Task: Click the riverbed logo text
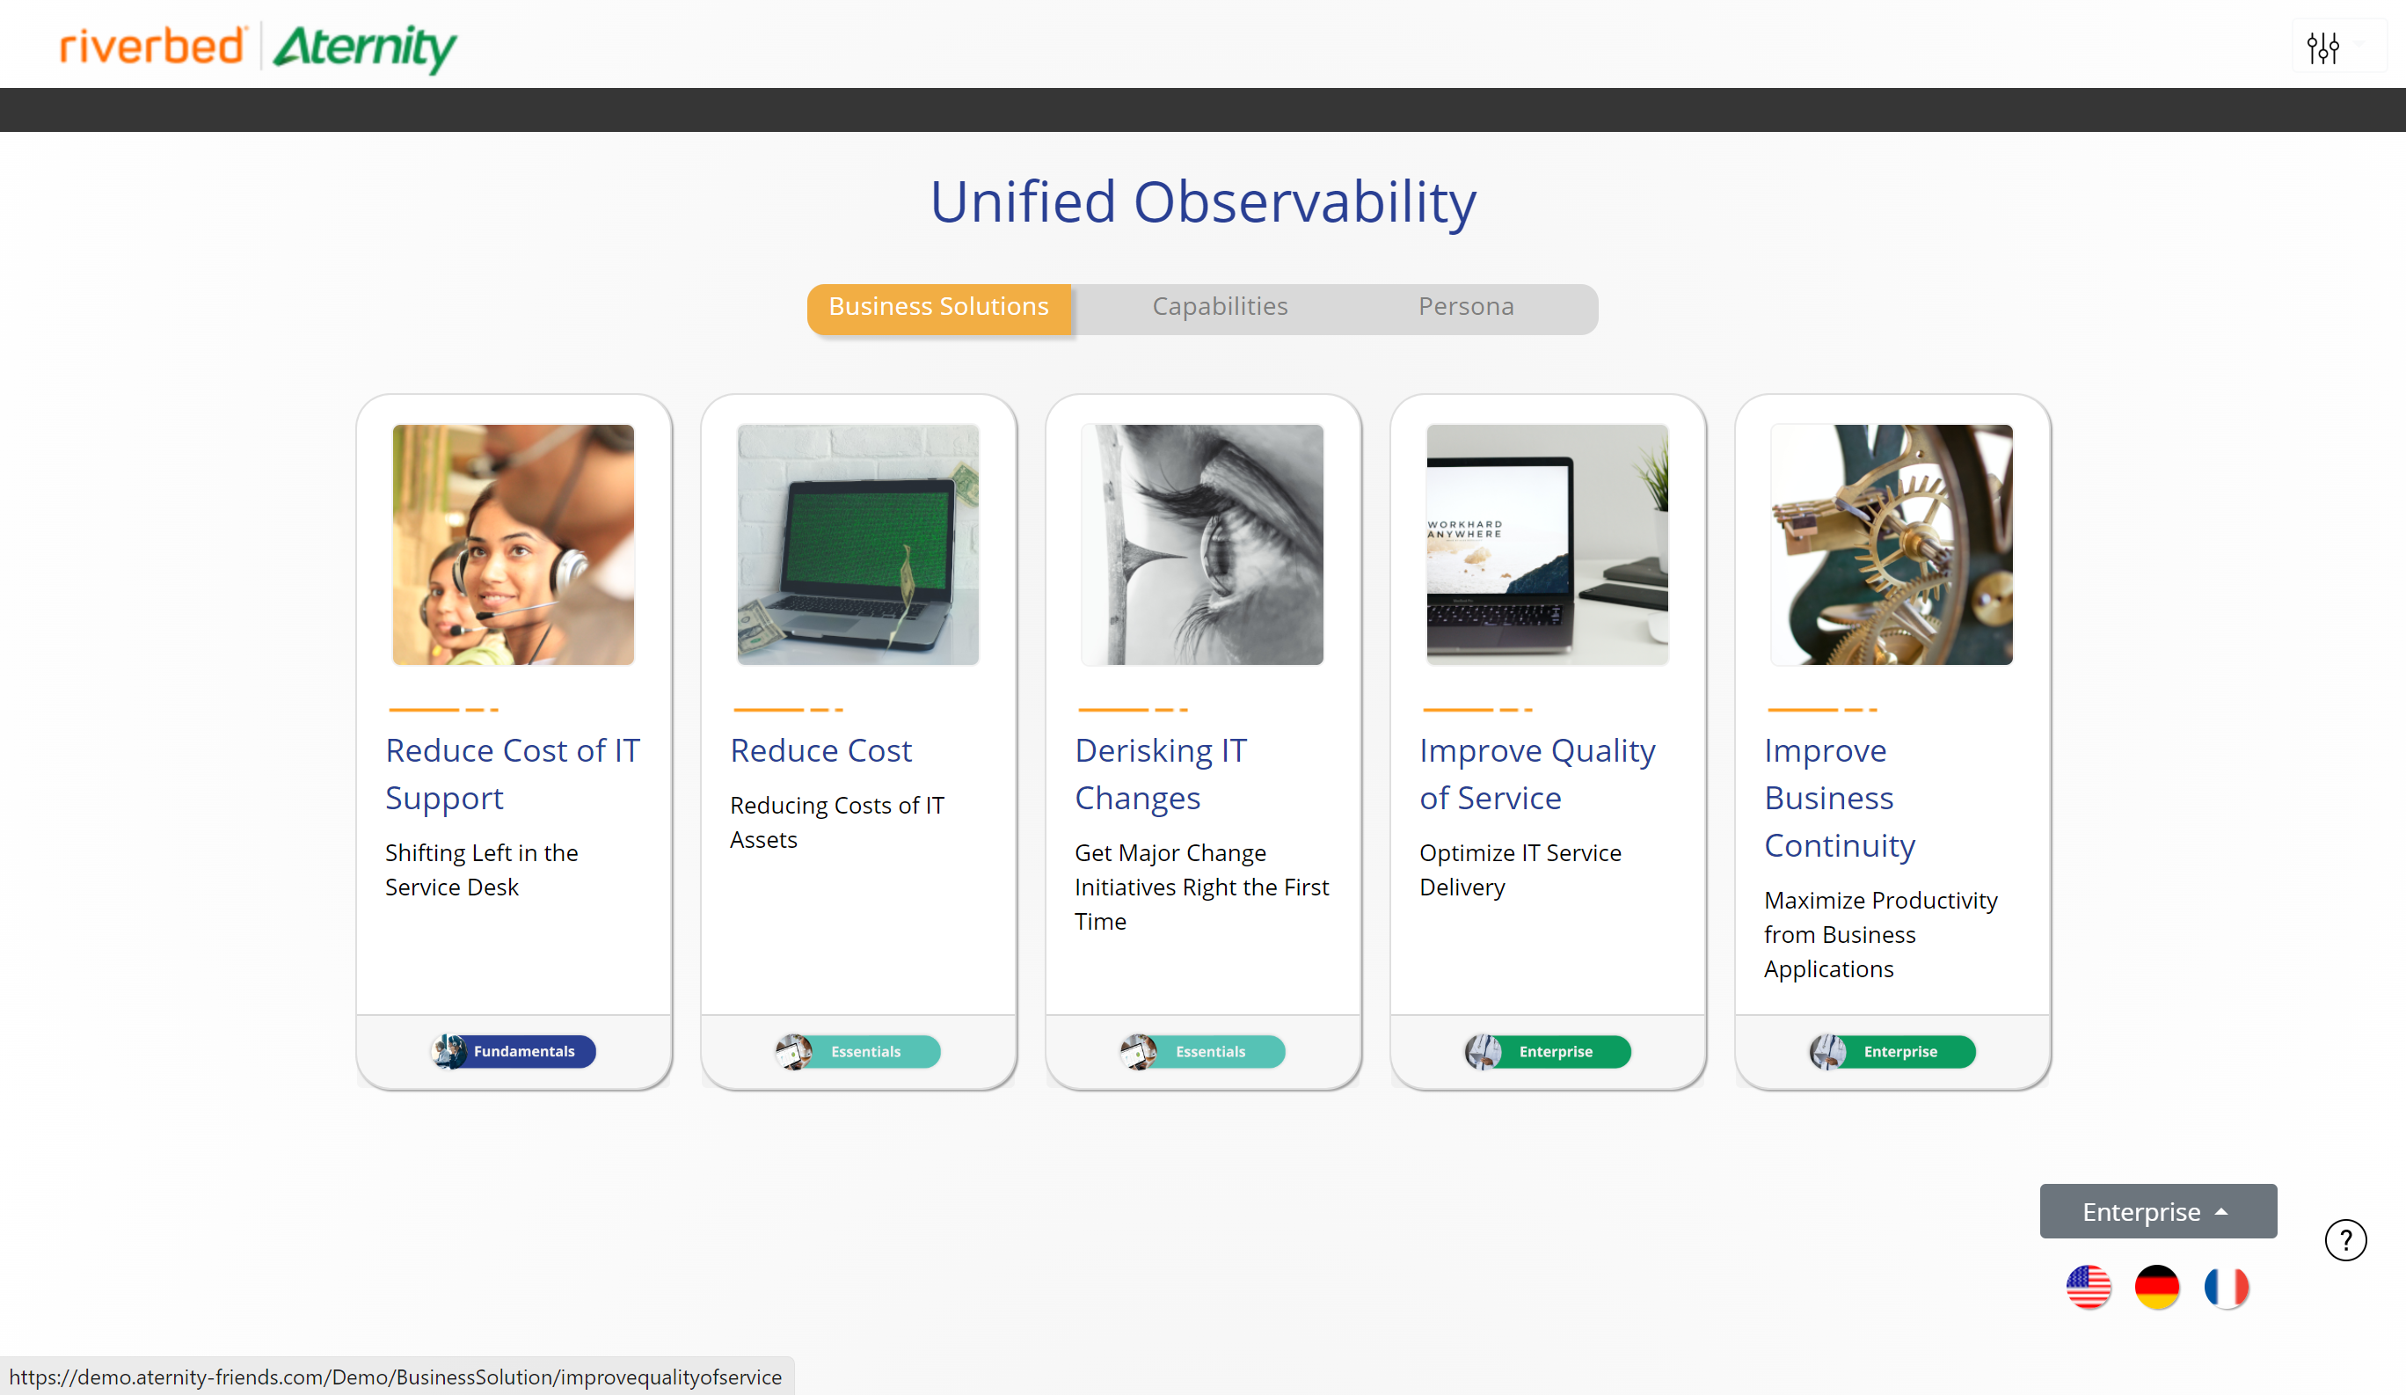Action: click(152, 46)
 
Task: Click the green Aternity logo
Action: click(365, 47)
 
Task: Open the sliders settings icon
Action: click(2323, 47)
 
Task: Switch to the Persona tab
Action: click(1466, 306)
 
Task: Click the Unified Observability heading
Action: click(1203, 201)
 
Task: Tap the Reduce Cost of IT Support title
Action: click(512, 773)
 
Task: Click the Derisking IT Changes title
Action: click(1161, 773)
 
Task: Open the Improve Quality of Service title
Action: click(1537, 773)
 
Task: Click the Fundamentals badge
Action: click(514, 1051)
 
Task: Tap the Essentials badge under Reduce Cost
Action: click(857, 1051)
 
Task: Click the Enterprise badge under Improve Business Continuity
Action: click(1892, 1051)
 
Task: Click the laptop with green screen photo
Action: click(857, 544)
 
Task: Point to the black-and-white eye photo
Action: click(1202, 544)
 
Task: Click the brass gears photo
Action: click(1892, 544)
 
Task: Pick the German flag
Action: click(2157, 1287)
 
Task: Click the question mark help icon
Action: click(2345, 1240)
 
